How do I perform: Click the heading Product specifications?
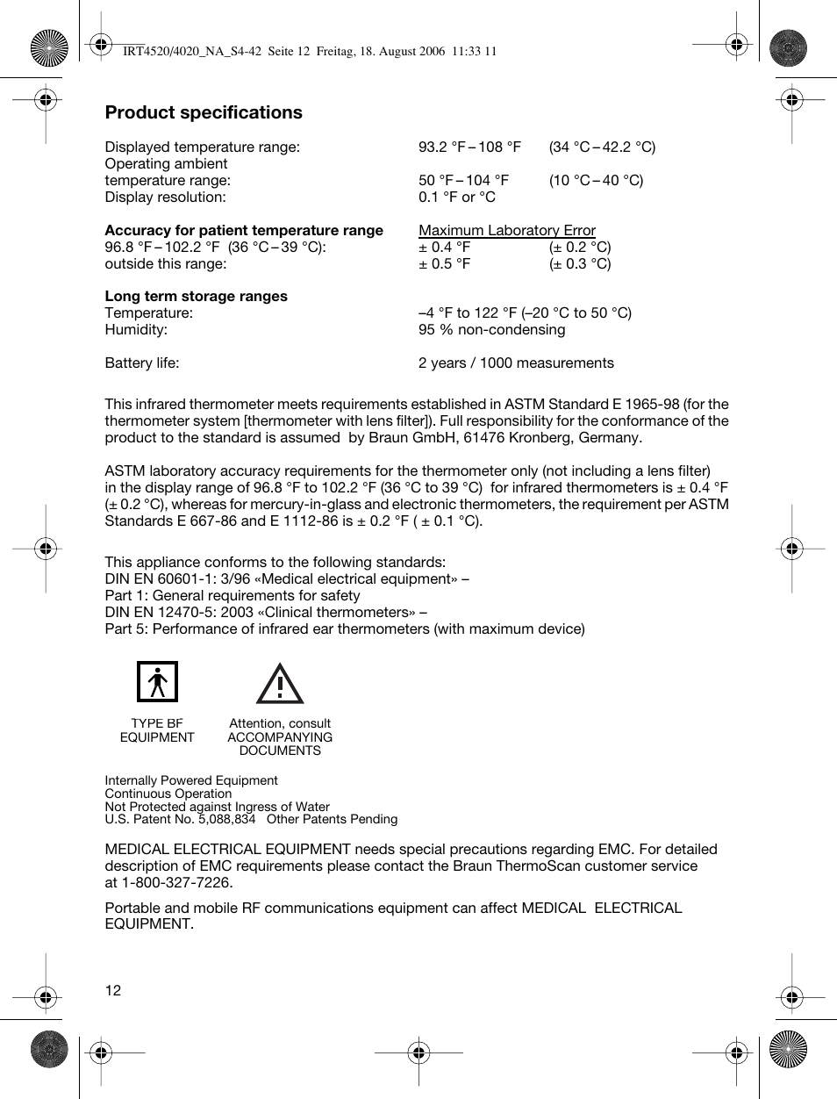[204, 112]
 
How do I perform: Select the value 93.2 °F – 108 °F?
[469, 147]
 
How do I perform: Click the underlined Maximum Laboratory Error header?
[506, 230]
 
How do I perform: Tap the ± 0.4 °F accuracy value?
[444, 247]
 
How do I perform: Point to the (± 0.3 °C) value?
[580, 263]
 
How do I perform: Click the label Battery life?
[141, 363]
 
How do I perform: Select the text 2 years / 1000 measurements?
[516, 363]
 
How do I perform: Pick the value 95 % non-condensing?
[491, 329]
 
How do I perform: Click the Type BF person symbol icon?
[157, 682]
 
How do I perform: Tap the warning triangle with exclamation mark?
[280, 684]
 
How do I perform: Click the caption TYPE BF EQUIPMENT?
[157, 730]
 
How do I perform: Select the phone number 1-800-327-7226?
[176, 882]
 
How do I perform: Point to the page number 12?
[113, 990]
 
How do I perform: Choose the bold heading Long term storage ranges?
[196, 296]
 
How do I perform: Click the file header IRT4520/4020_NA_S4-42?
[192, 51]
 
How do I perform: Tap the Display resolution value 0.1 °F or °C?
[456, 197]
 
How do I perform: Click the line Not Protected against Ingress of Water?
[217, 806]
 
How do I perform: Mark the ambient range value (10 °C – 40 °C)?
[596, 180]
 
